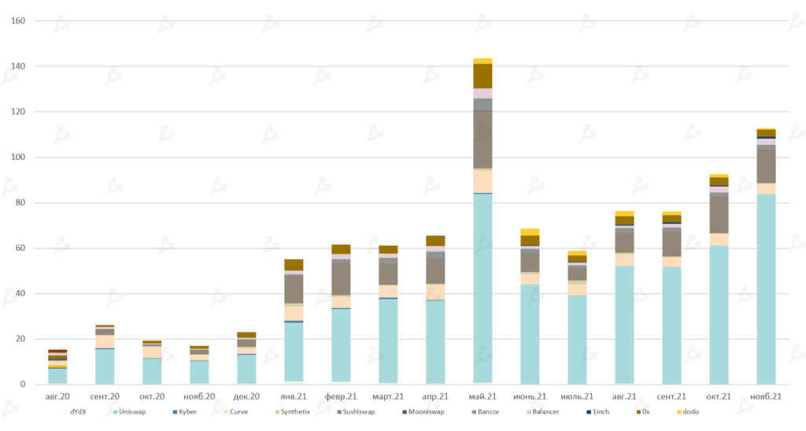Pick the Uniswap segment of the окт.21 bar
719,315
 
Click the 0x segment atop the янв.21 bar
294,265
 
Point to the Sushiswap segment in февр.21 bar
341,278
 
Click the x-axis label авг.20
57,396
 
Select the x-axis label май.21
482,396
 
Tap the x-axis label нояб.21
766,396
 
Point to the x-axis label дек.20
246,396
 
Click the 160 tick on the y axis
17,20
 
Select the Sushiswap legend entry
357,411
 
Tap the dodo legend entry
690,411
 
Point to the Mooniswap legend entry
426,411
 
